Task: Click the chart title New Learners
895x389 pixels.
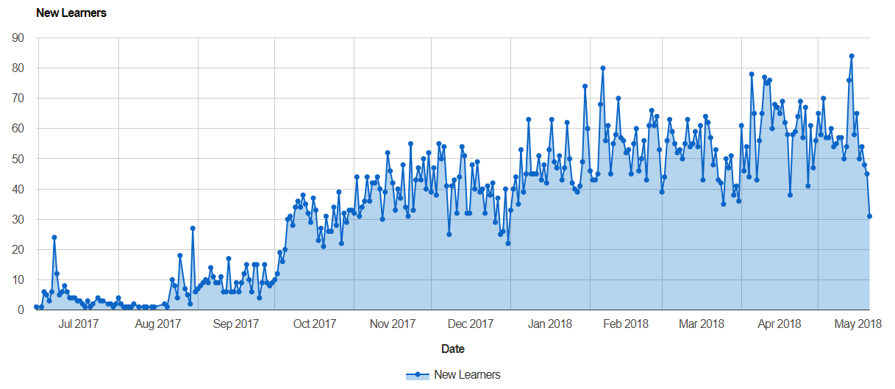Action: [71, 13]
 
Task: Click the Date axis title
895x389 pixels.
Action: [453, 349]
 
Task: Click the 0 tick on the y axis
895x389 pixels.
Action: [22, 310]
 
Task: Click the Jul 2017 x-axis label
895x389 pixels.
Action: [79, 324]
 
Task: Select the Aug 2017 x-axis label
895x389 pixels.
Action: [159, 324]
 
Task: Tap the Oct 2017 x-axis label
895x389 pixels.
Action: [315, 324]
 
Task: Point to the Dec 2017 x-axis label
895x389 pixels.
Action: [471, 324]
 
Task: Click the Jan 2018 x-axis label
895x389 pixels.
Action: [550, 324]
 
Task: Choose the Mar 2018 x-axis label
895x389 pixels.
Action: [702, 324]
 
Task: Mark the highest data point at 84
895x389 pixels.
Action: [852, 56]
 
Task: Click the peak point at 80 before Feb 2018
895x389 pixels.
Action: [603, 68]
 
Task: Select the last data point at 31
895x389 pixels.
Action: [870, 216]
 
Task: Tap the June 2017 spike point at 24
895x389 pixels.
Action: [54, 238]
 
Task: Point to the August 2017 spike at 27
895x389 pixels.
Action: [193, 228]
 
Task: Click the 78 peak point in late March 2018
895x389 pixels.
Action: [752, 74]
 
